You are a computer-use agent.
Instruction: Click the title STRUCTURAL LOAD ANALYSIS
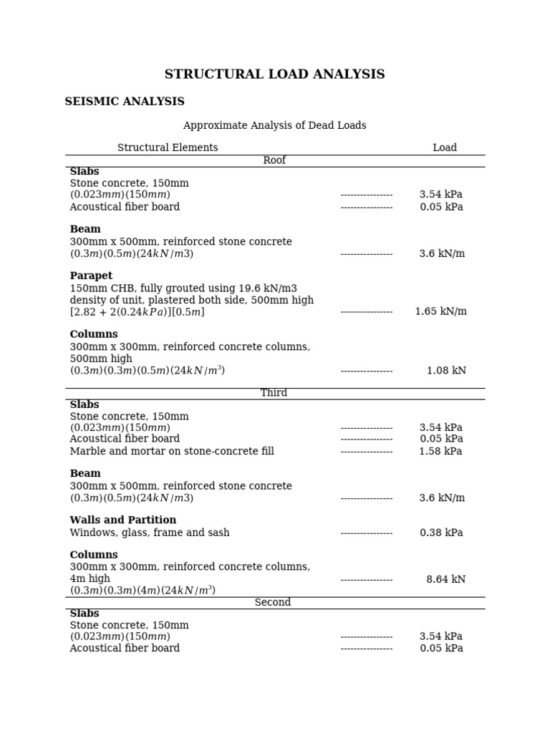tap(274, 74)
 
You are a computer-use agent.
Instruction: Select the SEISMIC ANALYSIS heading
tap(125, 102)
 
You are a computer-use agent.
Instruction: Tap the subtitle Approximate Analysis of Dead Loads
tap(274, 125)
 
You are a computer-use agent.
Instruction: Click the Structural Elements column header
tap(168, 147)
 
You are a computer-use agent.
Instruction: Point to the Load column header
tap(444, 147)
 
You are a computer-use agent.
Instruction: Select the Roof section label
tap(274, 160)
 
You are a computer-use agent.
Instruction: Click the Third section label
tap(274, 393)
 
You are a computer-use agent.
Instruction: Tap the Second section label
tap(273, 603)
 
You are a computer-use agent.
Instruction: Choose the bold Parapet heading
tap(91, 276)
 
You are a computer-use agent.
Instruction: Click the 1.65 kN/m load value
tap(440, 311)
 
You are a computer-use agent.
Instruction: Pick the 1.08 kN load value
tap(446, 371)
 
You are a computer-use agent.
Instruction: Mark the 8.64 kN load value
tap(445, 580)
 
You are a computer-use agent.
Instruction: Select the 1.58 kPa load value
tap(440, 451)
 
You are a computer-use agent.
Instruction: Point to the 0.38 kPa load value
tap(441, 533)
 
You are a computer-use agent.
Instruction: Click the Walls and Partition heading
tap(123, 520)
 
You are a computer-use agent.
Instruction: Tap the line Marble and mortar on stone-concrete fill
tap(172, 451)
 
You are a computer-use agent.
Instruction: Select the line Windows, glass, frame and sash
tap(150, 533)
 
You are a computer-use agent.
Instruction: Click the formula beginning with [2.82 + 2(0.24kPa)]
tap(137, 312)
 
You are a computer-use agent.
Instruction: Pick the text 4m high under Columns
tap(90, 578)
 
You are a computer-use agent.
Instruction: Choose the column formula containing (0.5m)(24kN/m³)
tap(148, 371)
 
